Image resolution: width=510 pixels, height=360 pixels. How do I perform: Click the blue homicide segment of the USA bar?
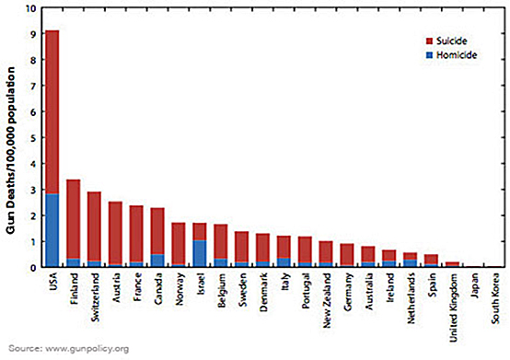point(52,230)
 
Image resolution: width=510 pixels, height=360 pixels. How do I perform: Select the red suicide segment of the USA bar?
point(52,110)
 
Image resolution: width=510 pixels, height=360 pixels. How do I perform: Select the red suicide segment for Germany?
point(347,255)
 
